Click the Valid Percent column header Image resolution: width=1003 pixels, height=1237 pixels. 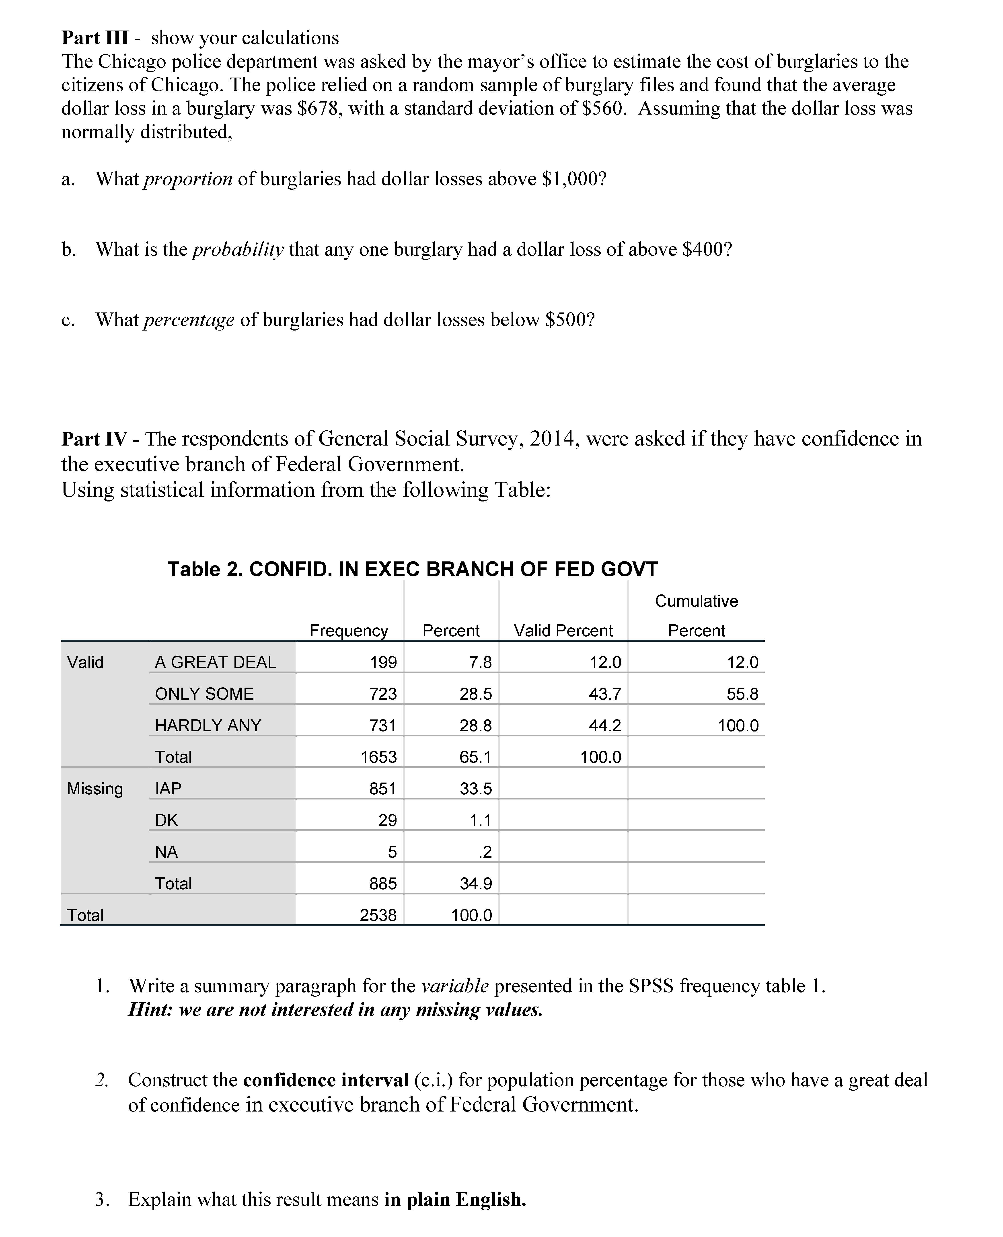pos(563,630)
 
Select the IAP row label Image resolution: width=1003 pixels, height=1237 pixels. pos(168,789)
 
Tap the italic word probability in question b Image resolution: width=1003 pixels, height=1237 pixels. pos(237,250)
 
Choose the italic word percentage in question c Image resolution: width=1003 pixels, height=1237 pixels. pos(188,320)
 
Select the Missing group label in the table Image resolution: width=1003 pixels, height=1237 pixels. pos(95,789)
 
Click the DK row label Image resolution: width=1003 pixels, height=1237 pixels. pos(166,820)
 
